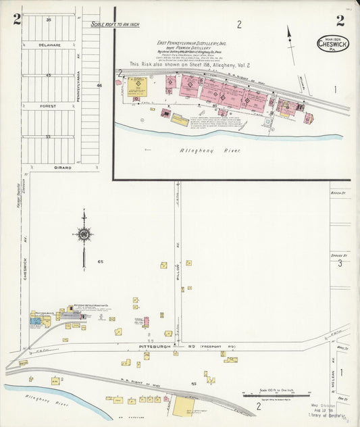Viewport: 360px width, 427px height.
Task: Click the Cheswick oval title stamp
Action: coord(333,44)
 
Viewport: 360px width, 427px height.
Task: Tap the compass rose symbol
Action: coord(84,235)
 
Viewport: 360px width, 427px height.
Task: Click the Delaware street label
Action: coord(49,45)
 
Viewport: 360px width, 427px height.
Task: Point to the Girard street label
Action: coord(49,166)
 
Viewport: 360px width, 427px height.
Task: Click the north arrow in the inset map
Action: coord(291,37)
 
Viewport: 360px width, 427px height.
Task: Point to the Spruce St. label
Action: coord(339,256)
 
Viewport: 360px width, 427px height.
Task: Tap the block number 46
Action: coord(99,86)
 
